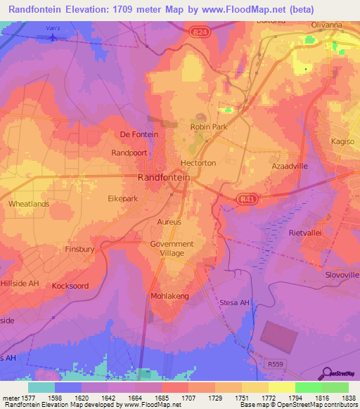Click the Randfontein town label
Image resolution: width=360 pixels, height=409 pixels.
[x=163, y=178]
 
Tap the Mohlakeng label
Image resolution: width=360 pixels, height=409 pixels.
[x=169, y=297]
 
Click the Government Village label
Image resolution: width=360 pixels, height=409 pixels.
[x=172, y=249]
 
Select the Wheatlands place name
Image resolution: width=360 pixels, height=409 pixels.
[x=29, y=204]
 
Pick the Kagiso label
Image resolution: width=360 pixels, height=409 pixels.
[x=344, y=142]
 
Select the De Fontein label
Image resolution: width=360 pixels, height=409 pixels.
[x=139, y=134]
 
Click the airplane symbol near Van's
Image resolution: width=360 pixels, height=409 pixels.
[x=51, y=37]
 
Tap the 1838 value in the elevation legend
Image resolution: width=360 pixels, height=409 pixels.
[x=348, y=398]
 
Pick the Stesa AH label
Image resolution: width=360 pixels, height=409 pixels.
[x=234, y=303]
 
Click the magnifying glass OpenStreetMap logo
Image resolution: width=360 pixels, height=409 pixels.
[x=327, y=374]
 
